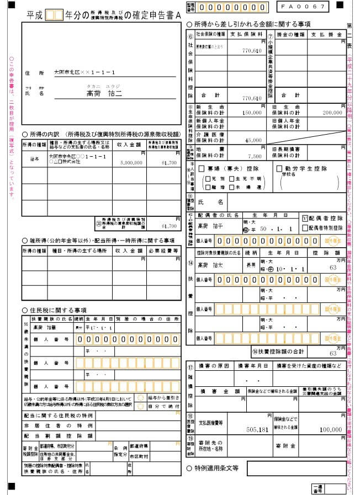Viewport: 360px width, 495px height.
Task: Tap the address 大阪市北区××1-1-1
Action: (84, 72)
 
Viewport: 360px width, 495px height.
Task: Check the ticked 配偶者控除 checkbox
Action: (304, 217)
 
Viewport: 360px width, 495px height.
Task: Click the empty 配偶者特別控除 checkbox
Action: (304, 226)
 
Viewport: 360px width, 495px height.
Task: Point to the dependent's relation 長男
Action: (252, 267)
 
